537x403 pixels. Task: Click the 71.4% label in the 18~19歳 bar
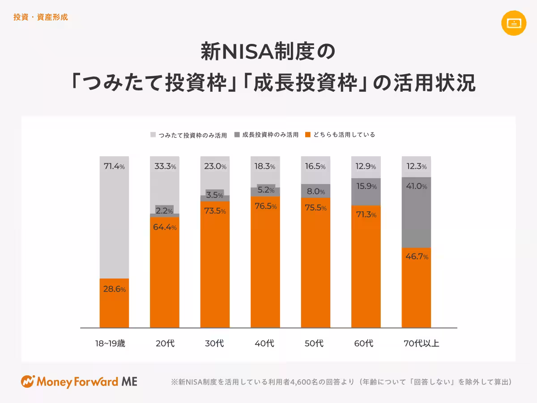pyautogui.click(x=114, y=167)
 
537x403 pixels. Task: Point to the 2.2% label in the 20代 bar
pyautogui.click(x=164, y=210)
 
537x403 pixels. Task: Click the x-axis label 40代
pyautogui.click(x=264, y=344)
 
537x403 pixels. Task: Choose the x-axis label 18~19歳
pyautogui.click(x=111, y=344)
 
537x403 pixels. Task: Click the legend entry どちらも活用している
pyautogui.click(x=340, y=134)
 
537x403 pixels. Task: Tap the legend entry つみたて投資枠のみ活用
pyautogui.click(x=188, y=135)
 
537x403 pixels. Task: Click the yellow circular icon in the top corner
pyautogui.click(x=514, y=23)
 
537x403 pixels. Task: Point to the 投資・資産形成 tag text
pyautogui.click(x=41, y=17)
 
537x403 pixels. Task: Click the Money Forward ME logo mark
pyautogui.click(x=28, y=382)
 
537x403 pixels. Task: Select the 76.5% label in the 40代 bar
pyautogui.click(x=264, y=206)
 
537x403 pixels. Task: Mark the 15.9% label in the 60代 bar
pyautogui.click(x=366, y=186)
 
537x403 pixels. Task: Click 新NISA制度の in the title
pyautogui.click(x=268, y=52)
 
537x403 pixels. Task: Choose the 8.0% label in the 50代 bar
pyautogui.click(x=315, y=191)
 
